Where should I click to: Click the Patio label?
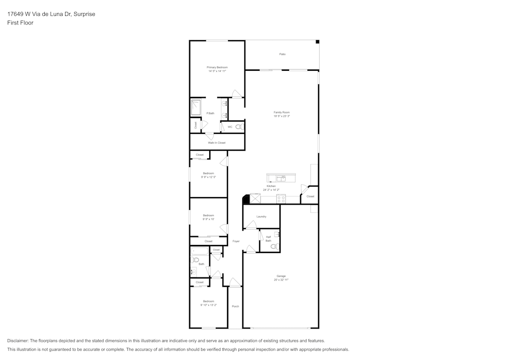pos(282,54)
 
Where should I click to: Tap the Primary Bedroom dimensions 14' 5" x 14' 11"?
pos(217,71)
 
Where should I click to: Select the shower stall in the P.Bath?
pos(196,107)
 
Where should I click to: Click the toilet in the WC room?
pos(240,127)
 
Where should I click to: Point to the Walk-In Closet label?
pos(216,143)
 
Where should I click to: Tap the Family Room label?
pos(281,112)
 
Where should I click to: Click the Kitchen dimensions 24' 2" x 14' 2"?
pos(271,190)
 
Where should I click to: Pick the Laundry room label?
pos(261,216)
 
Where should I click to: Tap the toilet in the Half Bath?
pos(274,246)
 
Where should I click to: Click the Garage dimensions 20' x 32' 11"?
pos(281,280)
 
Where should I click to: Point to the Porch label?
pos(235,306)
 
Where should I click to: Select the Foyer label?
pos(236,241)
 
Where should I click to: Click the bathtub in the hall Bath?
pos(200,251)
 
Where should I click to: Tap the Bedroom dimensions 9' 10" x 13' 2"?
pos(208,305)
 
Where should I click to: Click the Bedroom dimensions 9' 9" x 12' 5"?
pos(208,177)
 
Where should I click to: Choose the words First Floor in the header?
pos(20,23)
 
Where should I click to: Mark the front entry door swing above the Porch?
pos(234,283)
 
